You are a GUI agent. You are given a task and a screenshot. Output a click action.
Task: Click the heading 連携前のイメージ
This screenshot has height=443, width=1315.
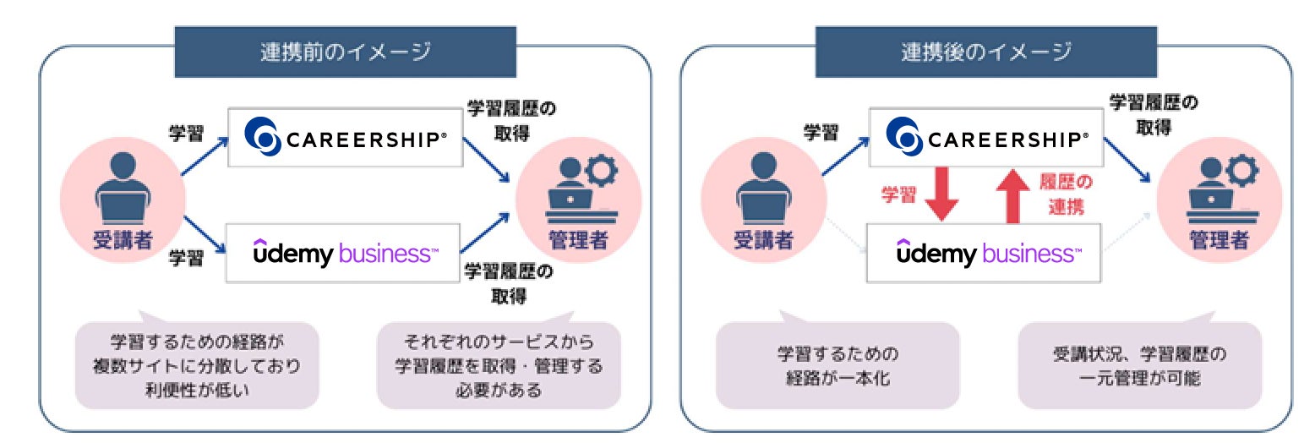tap(345, 52)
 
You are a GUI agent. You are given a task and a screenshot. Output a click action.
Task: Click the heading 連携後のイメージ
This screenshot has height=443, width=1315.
tap(985, 52)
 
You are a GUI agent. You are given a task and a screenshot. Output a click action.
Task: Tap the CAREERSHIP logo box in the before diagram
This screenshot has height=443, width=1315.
tap(345, 137)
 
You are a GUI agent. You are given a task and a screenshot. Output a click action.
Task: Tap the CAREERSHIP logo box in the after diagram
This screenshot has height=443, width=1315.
tap(985, 137)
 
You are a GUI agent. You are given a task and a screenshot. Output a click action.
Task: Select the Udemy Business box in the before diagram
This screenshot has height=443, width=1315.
tap(345, 252)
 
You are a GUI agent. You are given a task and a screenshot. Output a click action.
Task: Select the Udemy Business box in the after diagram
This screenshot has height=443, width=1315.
tap(985, 252)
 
